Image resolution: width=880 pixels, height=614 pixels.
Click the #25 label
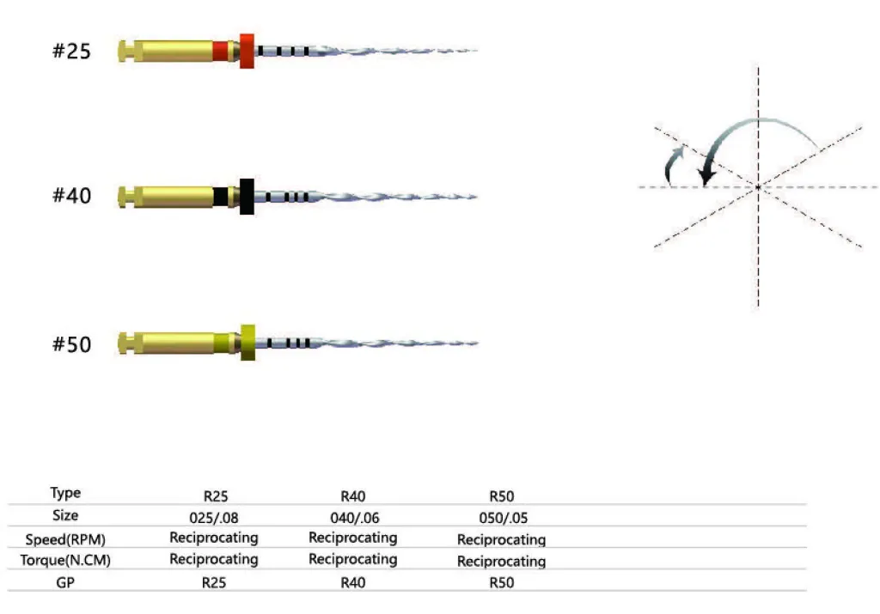coord(71,52)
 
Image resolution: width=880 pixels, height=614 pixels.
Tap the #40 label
coord(71,196)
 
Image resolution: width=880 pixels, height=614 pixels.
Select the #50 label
coord(71,344)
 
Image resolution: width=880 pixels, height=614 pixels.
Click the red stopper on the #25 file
coord(247,51)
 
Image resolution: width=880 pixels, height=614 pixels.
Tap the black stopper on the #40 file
coord(247,196)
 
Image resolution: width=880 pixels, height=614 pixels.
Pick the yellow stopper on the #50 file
coord(248,343)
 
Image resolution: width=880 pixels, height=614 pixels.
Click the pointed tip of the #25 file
coord(474,51)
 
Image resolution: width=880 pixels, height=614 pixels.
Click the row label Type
coord(65,494)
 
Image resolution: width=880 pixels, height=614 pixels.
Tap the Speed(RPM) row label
coord(65,539)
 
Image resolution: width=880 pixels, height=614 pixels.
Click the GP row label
coord(65,582)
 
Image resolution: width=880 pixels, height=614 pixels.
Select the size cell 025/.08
coord(213,518)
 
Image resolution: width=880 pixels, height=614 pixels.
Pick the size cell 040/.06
coord(352,518)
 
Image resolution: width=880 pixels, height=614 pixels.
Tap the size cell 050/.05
coord(503,518)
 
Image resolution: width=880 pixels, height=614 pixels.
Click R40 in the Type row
coord(353,495)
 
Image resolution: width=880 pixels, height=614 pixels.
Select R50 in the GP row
coord(501,582)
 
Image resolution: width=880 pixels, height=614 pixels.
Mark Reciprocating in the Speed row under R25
coord(213,538)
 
